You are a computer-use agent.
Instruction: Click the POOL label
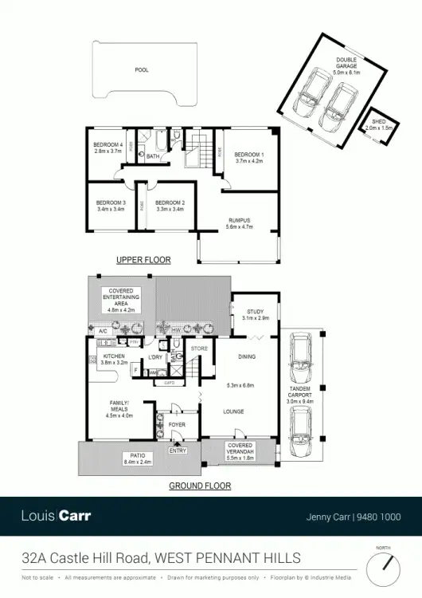point(142,70)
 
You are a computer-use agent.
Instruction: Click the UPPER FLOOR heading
point(143,260)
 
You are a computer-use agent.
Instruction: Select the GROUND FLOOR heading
point(200,486)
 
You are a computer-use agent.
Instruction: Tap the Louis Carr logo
point(56,516)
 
